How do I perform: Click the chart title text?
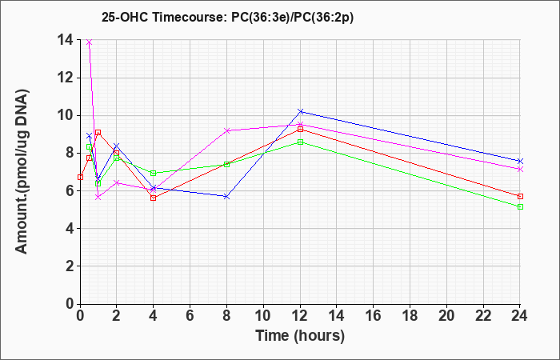[x=227, y=17]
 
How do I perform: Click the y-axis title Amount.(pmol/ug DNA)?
[x=22, y=171]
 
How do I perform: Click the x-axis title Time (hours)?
[x=300, y=336]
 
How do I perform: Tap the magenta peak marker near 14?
[x=90, y=42]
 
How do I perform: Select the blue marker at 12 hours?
[x=300, y=111]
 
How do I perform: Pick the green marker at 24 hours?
[x=520, y=206]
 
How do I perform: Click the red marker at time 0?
[x=80, y=177]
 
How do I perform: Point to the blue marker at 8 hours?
[x=226, y=197]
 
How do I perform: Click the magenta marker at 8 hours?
[x=226, y=130]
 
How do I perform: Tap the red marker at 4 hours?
[x=154, y=198]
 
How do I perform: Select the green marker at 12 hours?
[x=300, y=142]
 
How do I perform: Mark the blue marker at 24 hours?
[x=520, y=161]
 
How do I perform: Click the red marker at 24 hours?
[x=520, y=197]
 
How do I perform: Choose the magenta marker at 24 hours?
[x=520, y=170]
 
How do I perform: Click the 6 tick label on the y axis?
[x=69, y=190]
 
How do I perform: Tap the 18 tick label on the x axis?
[x=410, y=315]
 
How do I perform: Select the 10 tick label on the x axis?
[x=263, y=315]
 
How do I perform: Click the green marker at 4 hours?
[x=154, y=174]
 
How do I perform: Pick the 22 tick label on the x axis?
[x=483, y=315]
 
